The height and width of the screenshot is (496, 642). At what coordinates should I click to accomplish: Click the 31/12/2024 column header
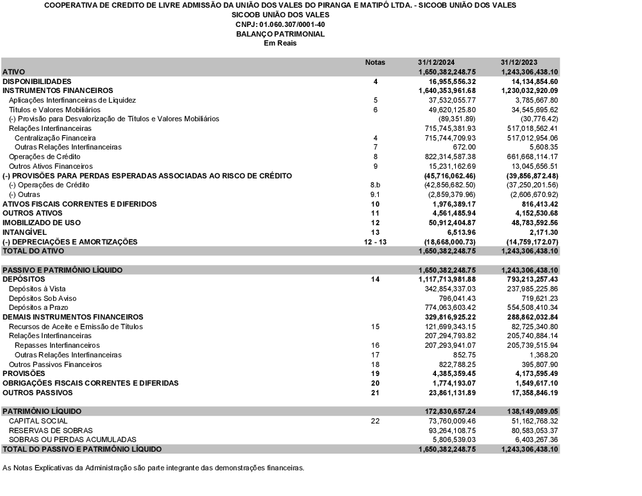coord(437,62)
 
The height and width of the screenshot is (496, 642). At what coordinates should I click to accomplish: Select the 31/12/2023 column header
coord(519,62)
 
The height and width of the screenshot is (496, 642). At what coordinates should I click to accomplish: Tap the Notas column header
coord(375,62)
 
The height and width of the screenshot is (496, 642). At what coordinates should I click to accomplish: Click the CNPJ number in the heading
coord(281,24)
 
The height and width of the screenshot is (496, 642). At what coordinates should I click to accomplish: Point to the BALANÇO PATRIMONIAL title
coord(281,34)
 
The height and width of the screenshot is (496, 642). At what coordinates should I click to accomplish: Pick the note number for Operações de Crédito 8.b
coord(375,185)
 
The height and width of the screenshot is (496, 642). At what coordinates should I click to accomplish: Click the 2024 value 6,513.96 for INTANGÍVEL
coord(459,232)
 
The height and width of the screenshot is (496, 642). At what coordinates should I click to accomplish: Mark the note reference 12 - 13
coord(375,241)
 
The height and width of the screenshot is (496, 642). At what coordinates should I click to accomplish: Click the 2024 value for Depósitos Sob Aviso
coord(458,298)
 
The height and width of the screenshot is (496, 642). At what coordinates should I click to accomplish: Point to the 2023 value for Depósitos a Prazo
coord(530,308)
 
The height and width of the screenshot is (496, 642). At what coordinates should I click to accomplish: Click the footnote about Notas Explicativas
coord(153,467)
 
